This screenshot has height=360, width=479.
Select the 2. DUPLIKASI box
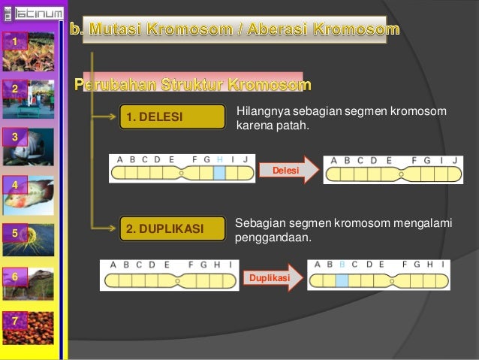tap(172, 228)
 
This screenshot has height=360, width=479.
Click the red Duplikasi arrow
tap(272, 279)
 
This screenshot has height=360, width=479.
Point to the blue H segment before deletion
tap(218, 173)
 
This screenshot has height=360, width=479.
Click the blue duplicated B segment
tap(342, 280)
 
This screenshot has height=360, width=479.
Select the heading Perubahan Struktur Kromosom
tap(191, 82)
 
